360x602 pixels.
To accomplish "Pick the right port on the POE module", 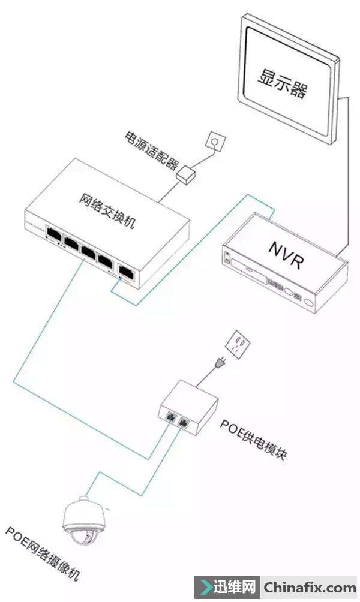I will pos(182,421).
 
